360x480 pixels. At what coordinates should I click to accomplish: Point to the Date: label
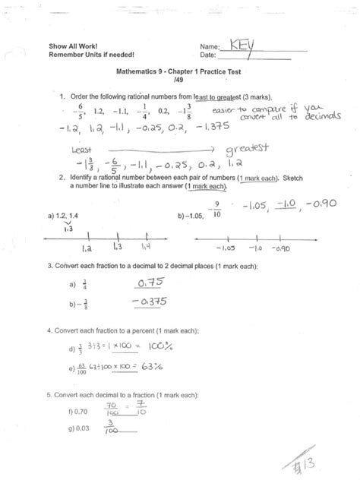pos(210,55)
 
